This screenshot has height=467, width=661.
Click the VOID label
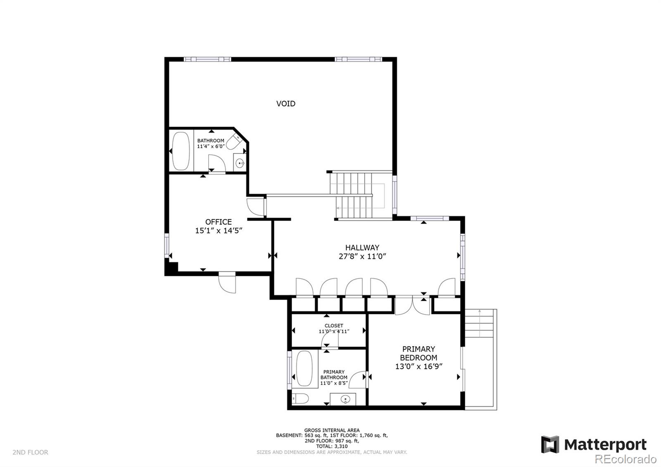285,103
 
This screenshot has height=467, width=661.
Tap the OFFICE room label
218,222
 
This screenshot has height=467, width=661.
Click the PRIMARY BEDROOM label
418,353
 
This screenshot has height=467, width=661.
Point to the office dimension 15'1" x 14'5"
218,231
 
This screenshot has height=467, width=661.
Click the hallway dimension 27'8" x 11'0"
362,256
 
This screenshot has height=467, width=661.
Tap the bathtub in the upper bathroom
180,151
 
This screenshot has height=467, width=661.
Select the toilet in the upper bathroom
234,141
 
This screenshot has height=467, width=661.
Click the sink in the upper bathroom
240,164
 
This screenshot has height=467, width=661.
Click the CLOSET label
333,326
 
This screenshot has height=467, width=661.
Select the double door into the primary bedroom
412,305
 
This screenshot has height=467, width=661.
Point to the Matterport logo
594,445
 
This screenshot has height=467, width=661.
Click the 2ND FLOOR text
30,452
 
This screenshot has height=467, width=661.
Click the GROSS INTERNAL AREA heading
332,430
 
